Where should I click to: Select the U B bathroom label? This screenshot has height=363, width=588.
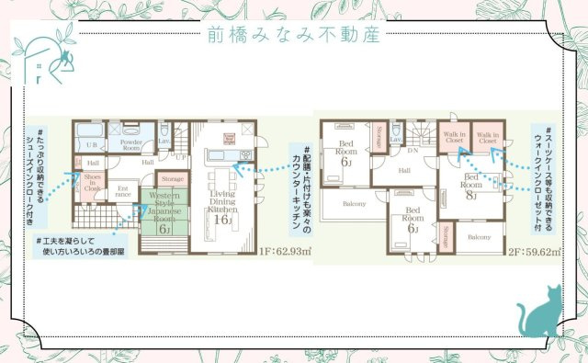click(91, 145)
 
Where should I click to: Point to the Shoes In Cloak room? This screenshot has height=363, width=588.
click(92, 182)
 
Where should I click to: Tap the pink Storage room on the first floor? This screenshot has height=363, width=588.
click(172, 179)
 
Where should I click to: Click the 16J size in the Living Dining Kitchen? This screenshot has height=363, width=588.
click(221, 220)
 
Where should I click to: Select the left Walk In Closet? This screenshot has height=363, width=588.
click(455, 139)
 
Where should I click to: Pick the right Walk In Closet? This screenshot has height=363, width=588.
click(488, 139)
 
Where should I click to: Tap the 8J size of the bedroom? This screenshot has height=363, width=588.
click(471, 194)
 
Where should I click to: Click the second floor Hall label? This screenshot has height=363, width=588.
click(405, 169)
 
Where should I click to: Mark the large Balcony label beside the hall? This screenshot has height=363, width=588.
click(354, 203)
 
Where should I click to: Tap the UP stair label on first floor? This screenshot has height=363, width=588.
click(181, 157)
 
